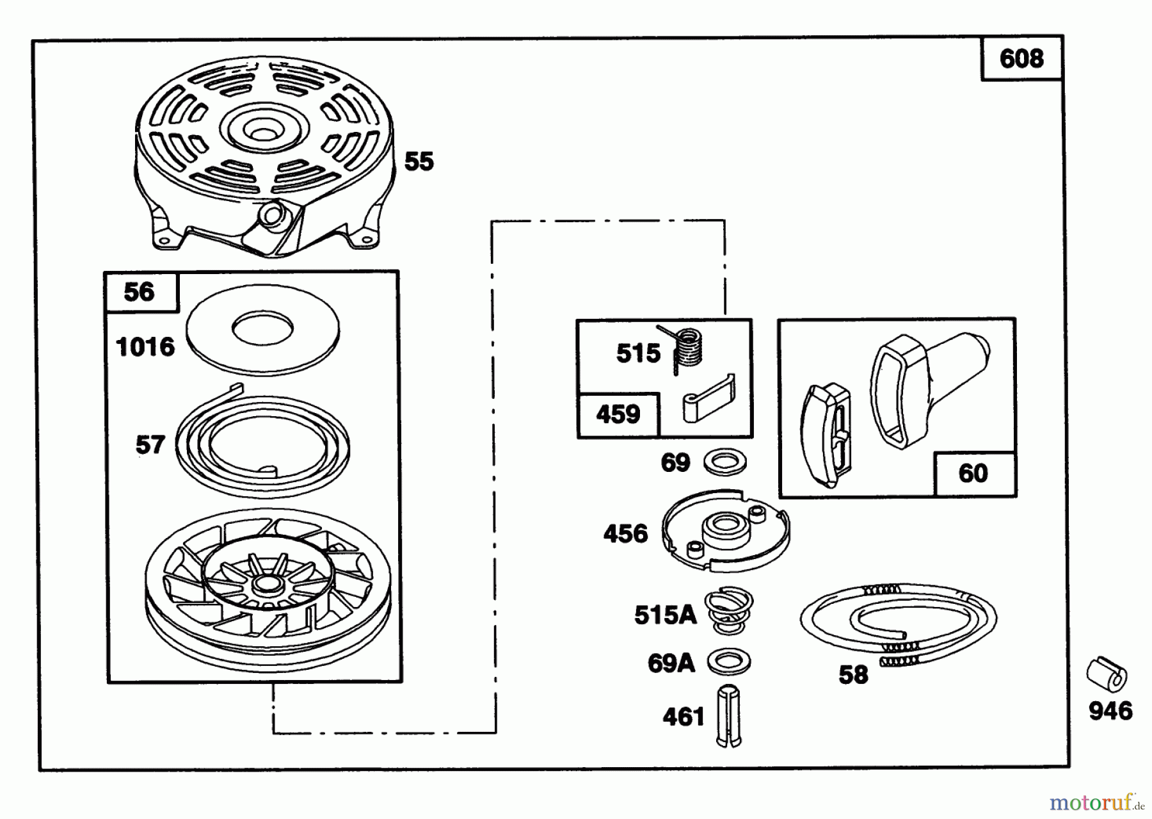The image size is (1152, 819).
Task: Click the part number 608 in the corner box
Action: [x=1021, y=59]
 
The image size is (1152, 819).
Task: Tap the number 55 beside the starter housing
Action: [x=419, y=161]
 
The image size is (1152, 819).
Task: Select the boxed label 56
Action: [x=140, y=292]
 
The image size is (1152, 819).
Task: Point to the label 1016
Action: [x=145, y=347]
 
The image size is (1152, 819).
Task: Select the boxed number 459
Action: [x=618, y=414]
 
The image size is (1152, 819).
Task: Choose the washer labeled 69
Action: [x=725, y=461]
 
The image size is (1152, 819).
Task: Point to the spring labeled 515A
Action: [x=729, y=611]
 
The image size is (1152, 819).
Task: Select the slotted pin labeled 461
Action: [x=728, y=715]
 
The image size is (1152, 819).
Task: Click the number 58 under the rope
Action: [x=853, y=674]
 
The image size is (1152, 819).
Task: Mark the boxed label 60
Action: [x=973, y=473]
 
